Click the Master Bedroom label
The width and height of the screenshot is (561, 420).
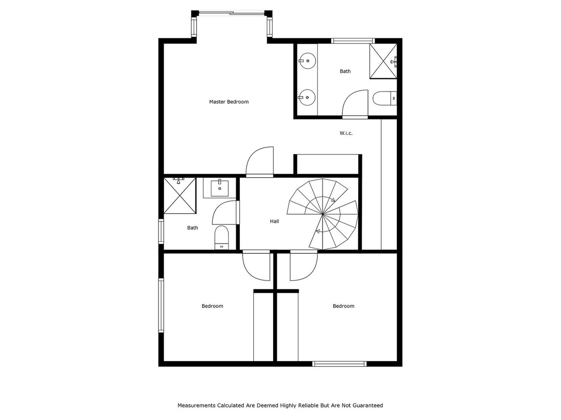(229, 102)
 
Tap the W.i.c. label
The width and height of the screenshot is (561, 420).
(346, 133)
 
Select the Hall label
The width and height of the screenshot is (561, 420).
(274, 221)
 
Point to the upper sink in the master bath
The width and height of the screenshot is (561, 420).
(307, 60)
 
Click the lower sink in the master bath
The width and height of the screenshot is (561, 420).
(307, 97)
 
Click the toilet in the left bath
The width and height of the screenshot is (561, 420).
(221, 238)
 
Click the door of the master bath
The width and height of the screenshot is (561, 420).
(355, 104)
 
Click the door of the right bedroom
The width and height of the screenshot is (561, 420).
(303, 266)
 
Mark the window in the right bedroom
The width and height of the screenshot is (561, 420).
(339, 364)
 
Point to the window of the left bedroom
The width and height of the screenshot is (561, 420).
(161, 305)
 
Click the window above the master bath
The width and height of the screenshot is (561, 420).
(353, 41)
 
